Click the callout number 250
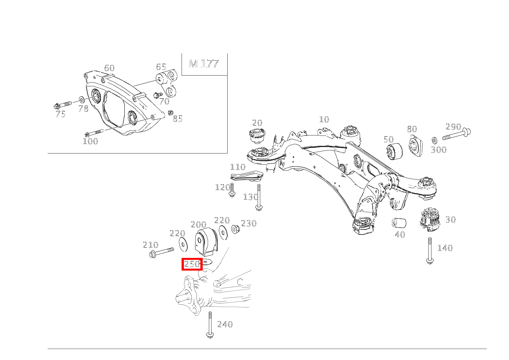[x=192, y=264]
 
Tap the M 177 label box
[x=204, y=64]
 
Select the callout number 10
[x=324, y=119]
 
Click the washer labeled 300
[x=435, y=140]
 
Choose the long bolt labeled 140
[x=430, y=249]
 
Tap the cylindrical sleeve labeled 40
[x=399, y=223]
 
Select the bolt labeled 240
[x=210, y=325]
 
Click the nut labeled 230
[x=235, y=229]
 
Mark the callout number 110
[x=238, y=167]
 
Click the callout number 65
[x=161, y=67]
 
